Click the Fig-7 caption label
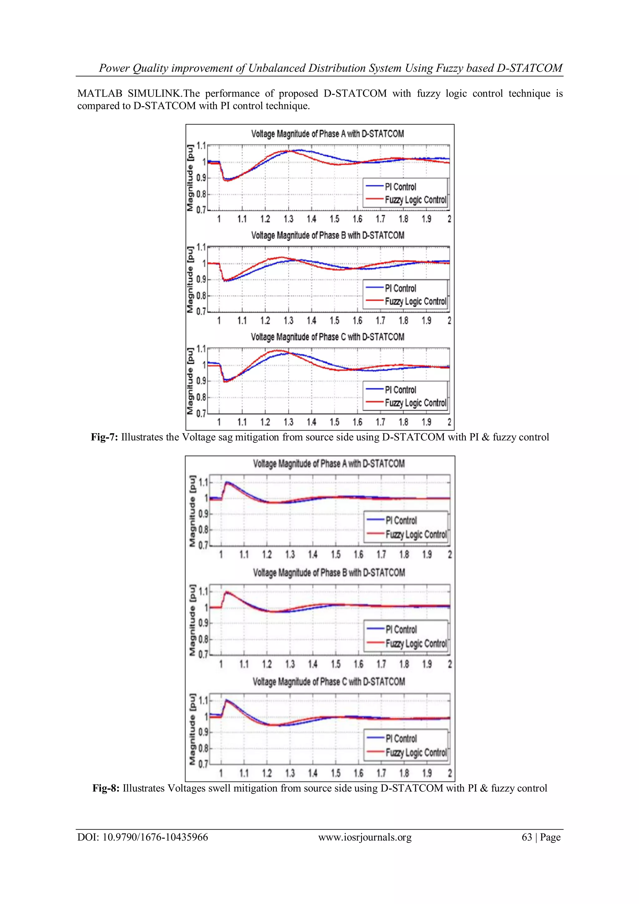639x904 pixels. click(104, 437)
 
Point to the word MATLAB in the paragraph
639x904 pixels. click(100, 94)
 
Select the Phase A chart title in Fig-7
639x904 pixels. click(327, 134)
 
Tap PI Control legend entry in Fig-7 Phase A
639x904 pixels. click(400, 187)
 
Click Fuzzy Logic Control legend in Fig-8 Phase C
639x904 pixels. click(416, 753)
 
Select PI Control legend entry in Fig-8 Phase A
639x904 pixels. click(401, 521)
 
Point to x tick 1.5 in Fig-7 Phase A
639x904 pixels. click(334, 219)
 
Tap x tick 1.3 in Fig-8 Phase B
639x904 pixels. click(290, 664)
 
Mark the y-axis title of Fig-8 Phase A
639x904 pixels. click(193, 511)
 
